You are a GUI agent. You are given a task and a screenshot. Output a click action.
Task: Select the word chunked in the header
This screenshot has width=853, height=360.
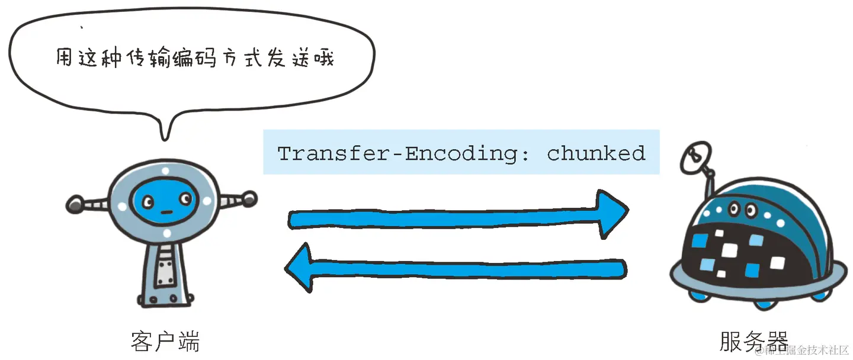point(596,153)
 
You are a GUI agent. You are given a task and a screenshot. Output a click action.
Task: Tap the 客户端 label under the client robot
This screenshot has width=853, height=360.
point(165,342)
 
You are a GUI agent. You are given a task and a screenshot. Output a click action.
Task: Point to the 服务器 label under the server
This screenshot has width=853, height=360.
point(753,342)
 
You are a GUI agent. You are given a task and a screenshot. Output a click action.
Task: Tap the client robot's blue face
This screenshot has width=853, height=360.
point(165,201)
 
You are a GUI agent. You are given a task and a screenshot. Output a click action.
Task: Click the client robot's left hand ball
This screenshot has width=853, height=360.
point(75,204)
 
